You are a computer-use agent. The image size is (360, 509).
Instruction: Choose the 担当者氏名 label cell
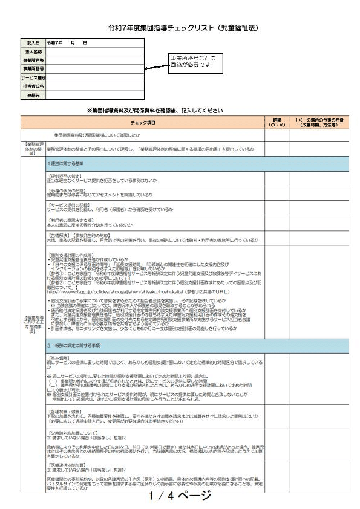click(x=33, y=86)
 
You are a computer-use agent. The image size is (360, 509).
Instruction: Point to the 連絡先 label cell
click(x=33, y=96)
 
